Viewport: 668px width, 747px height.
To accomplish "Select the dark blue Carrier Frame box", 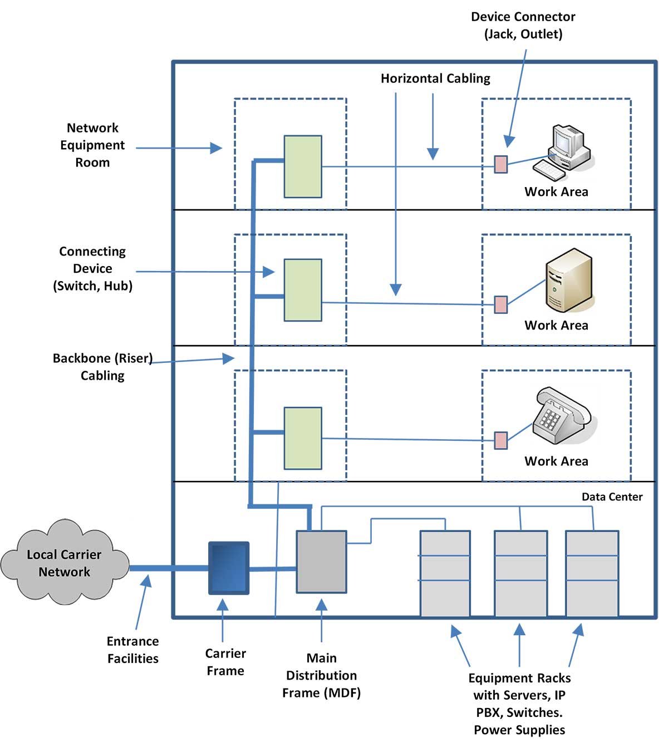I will tap(229, 568).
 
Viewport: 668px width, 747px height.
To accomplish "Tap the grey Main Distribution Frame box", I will tap(321, 562).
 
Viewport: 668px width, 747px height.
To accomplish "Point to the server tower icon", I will tap(568, 281).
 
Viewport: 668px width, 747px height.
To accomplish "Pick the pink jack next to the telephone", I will tap(501, 440).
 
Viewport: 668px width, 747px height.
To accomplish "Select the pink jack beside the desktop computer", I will tap(501, 165).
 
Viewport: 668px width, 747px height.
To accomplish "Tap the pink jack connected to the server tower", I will tap(501, 304).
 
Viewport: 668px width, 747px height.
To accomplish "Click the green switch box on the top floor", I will tap(303, 166).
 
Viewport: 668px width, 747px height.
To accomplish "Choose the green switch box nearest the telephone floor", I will tap(303, 438).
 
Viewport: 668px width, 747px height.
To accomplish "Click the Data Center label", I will tap(612, 497).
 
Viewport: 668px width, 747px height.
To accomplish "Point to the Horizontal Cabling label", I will tap(435, 78).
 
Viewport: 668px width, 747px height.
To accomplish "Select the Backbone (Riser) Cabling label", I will tap(102, 367).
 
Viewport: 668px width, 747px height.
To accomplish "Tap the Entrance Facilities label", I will tap(132, 650).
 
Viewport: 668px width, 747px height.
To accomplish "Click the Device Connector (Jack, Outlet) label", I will tap(523, 26).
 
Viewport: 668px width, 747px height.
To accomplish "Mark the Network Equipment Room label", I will tap(92, 145).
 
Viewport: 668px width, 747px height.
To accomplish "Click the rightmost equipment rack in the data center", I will tap(592, 574).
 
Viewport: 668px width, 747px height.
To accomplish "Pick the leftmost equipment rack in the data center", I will tap(445, 574).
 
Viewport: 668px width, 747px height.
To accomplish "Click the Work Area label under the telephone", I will tap(556, 461).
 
